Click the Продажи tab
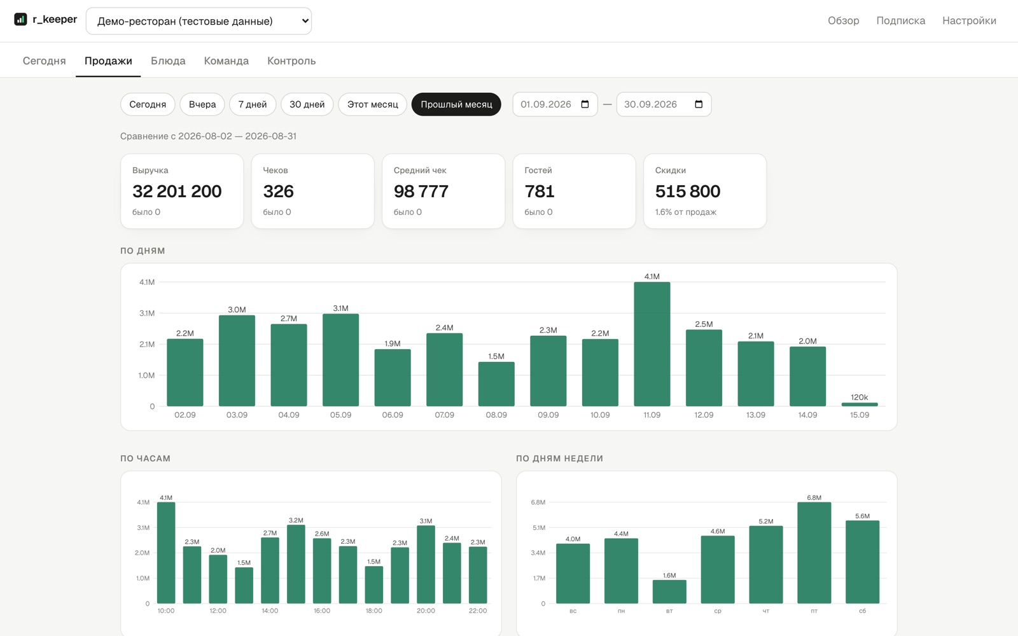coord(108,61)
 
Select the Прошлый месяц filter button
coord(456,104)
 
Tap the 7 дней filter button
coord(253,104)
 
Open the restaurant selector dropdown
coord(199,21)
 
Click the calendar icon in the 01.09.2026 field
coord(585,104)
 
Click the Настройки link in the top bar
coord(969,20)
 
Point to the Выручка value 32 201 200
coord(177,191)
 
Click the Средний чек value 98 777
coord(421,191)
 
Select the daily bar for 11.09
coord(652,344)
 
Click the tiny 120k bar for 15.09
coord(860,404)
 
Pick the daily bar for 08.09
coord(496,384)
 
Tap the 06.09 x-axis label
coord(392,415)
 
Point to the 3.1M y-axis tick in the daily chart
coord(147,313)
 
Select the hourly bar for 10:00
coord(166,553)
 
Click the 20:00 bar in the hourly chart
coord(426,565)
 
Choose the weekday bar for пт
coord(814,553)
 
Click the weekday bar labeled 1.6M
coord(669,591)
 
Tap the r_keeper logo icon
coord(20,19)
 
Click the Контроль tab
coord(291,61)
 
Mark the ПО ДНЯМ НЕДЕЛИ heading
coord(559,459)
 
